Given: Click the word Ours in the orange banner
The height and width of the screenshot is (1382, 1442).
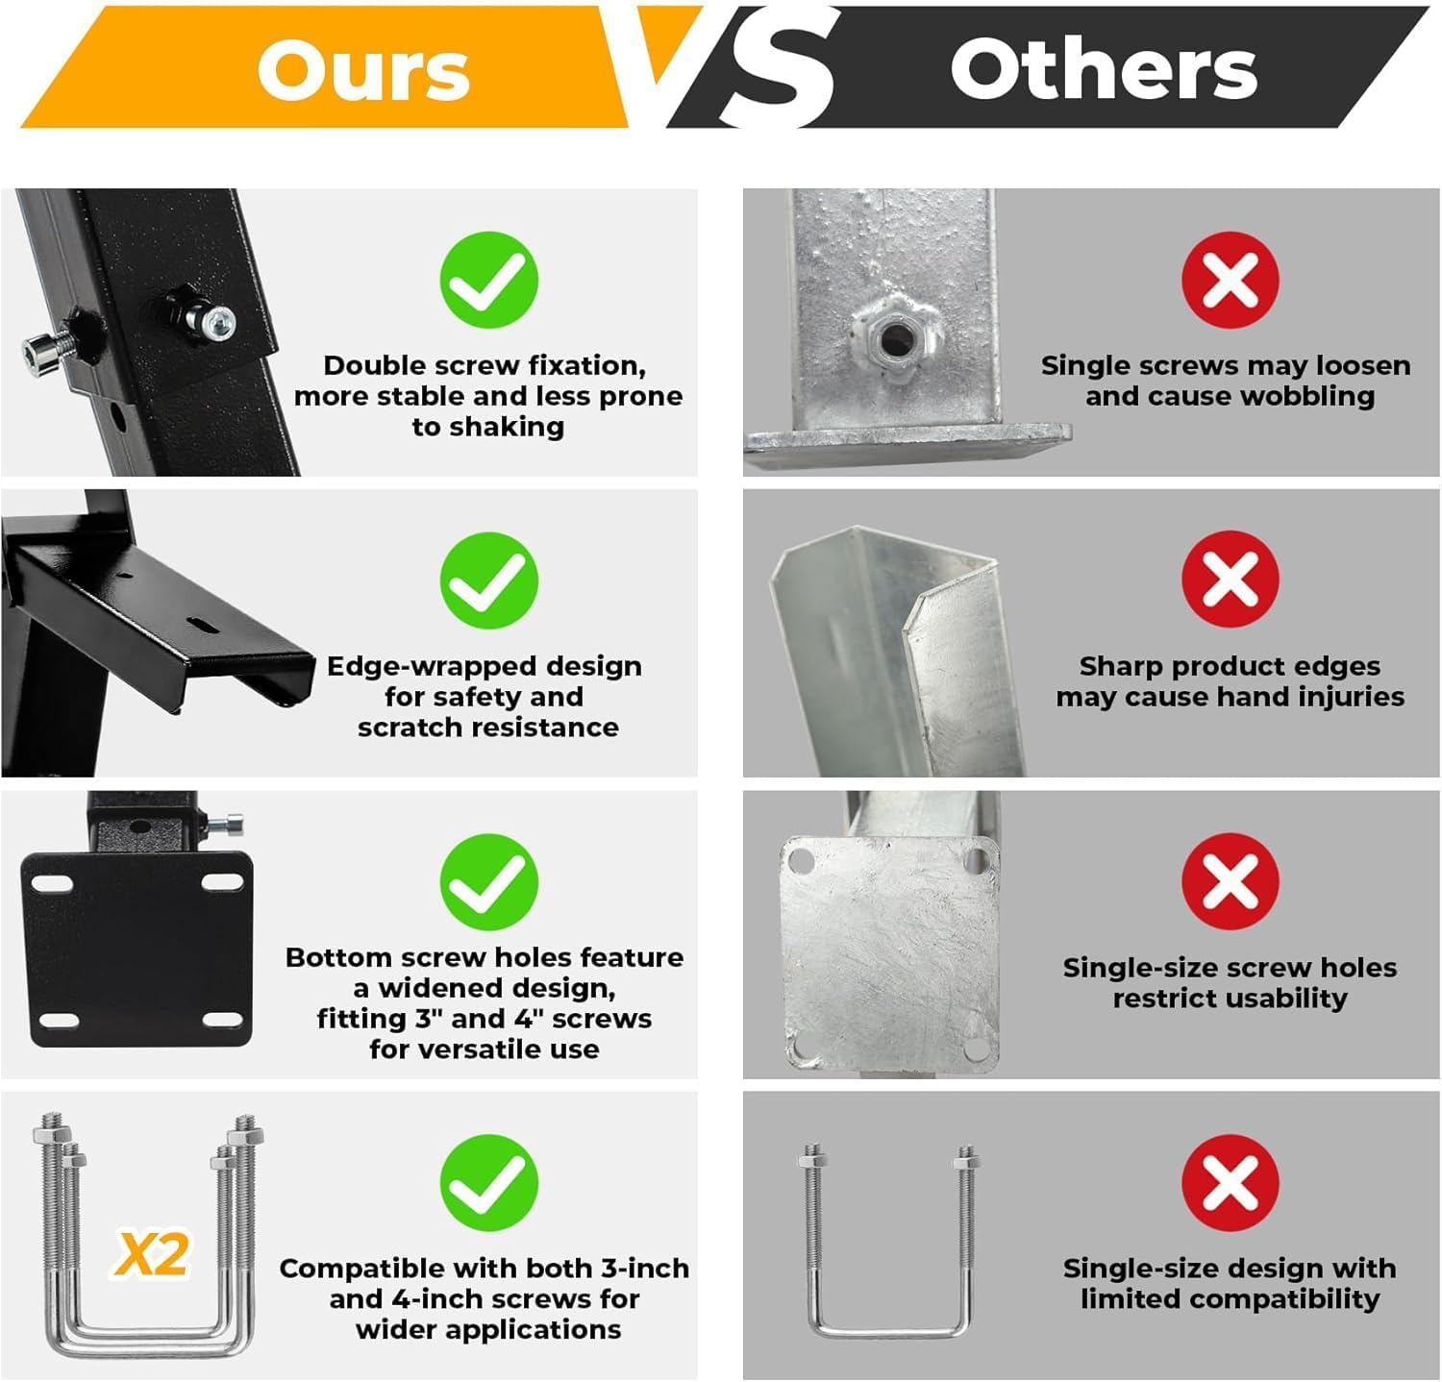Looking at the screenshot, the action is click(x=363, y=70).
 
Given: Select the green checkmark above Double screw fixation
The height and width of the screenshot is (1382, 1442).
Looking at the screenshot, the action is click(x=488, y=280).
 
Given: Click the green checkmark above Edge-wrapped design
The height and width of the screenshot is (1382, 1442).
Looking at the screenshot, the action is click(x=488, y=580).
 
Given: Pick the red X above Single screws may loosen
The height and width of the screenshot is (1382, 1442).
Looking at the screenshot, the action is click(x=1231, y=280).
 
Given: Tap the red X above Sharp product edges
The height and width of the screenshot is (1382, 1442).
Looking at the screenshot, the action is click(x=1231, y=580).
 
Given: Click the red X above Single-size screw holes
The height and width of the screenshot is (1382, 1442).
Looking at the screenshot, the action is click(x=1231, y=881).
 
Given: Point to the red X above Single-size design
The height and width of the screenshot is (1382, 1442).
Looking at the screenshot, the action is click(x=1231, y=1182).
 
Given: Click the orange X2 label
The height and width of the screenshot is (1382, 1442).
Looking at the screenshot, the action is click(x=152, y=1254).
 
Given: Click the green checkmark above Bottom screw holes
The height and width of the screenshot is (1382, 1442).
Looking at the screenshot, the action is click(x=488, y=882).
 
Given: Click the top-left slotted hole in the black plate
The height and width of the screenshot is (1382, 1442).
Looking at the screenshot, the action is click(x=53, y=881).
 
